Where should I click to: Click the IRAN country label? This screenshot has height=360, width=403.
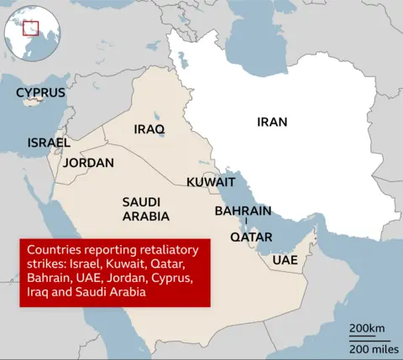point(272,122)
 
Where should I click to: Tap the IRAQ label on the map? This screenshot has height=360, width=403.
point(149,129)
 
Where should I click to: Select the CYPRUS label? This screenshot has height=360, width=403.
point(41,91)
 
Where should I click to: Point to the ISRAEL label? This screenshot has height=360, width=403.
point(49,143)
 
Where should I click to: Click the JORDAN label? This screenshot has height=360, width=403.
point(89,163)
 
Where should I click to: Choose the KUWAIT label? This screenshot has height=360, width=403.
point(211,182)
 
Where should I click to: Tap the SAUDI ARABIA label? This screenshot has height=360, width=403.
point(146,209)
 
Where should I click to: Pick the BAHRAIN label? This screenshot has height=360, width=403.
point(243,211)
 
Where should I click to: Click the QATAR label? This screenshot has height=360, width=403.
point(251,237)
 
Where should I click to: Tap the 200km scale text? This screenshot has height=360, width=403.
point(367,326)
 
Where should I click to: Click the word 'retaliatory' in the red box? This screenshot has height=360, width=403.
point(166,250)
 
